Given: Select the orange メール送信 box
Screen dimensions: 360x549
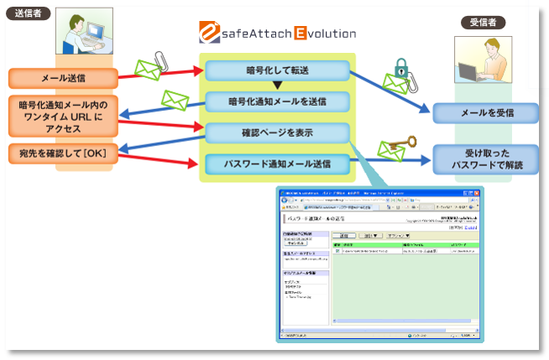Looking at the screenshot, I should pos(62,78).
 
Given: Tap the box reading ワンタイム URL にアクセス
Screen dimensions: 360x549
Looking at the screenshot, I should pos(62,117).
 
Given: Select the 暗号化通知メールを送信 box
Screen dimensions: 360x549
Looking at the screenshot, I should pos(276,102).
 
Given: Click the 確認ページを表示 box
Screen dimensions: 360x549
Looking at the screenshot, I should pos(276,132).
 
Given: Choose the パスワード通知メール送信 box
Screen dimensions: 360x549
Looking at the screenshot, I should pos(276,163).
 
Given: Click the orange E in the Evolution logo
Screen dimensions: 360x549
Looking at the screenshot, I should pos(301,34).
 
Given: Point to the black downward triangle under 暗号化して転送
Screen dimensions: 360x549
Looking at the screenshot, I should pos(276,86).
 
